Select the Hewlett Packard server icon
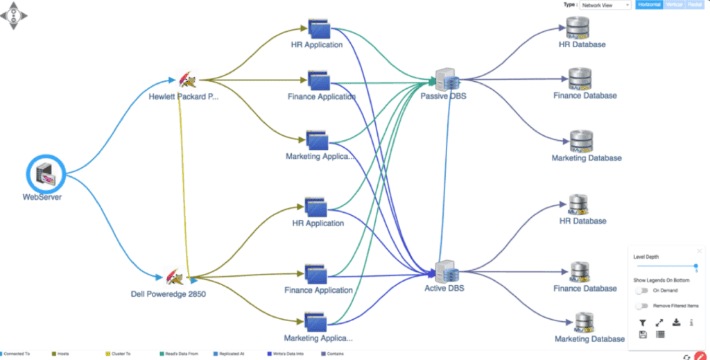pyautogui.click(x=184, y=80)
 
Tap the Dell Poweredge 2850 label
pyautogui.click(x=168, y=293)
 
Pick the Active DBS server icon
pyautogui.click(x=444, y=271)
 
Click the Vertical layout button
pyautogui.click(x=674, y=5)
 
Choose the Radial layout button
pyautogui.click(x=694, y=5)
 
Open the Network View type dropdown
pyautogui.click(x=605, y=5)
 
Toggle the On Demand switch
pyautogui.click(x=641, y=291)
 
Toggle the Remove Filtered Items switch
pyautogui.click(x=641, y=306)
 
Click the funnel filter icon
pyautogui.click(x=642, y=323)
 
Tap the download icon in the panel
pyautogui.click(x=675, y=323)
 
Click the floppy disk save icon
pyautogui.click(x=643, y=334)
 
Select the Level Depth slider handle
pyautogui.click(x=695, y=266)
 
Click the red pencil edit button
pyautogui.click(x=700, y=356)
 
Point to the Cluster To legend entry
pyautogui.click(x=119, y=354)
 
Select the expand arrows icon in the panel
pyautogui.click(x=659, y=323)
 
